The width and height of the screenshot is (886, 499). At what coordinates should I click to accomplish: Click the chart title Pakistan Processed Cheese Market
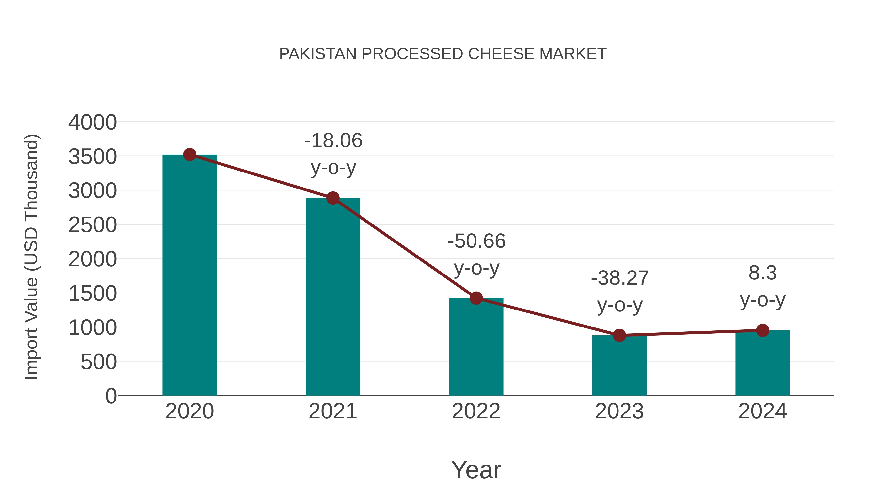443,54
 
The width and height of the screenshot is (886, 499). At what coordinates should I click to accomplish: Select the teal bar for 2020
190,275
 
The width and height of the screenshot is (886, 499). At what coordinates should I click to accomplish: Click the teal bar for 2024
762,363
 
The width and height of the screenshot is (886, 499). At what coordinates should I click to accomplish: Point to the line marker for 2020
190,155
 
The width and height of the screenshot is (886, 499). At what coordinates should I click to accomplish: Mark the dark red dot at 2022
476,298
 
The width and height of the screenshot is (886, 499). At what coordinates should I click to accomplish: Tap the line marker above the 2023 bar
619,335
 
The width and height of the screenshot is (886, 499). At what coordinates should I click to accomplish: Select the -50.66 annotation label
476,241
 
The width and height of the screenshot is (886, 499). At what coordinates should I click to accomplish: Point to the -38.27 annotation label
619,278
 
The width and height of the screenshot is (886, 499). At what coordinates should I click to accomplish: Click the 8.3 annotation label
762,273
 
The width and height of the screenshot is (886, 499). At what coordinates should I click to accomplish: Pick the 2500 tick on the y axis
93,225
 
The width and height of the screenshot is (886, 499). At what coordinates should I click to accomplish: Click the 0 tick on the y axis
111,396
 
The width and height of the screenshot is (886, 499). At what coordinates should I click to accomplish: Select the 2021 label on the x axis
332,411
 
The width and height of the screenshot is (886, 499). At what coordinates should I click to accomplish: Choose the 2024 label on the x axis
762,411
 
